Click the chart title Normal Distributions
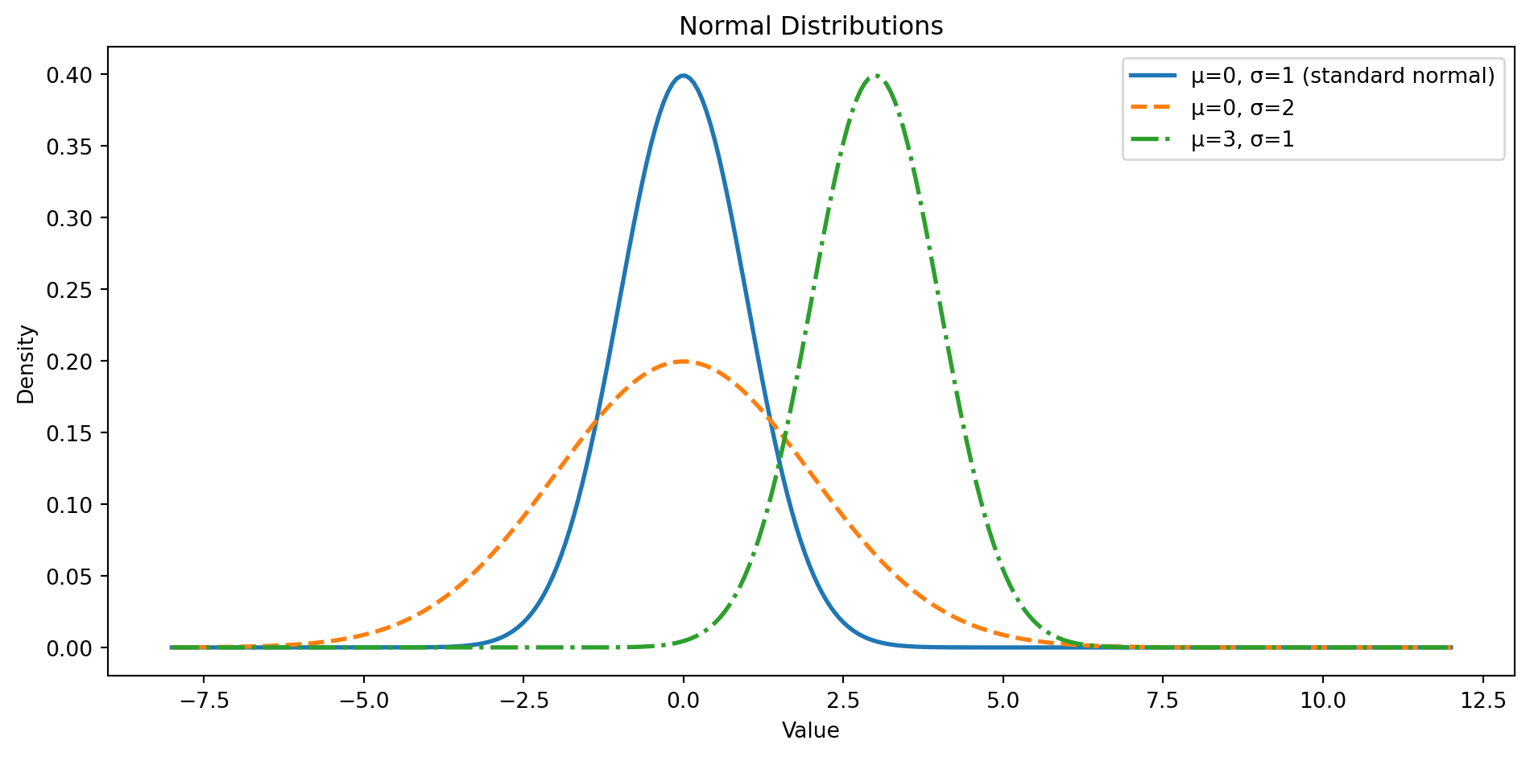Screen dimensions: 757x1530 tap(810, 27)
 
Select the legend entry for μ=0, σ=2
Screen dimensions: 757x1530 tap(1243, 108)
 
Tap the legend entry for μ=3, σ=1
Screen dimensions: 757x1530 tap(1243, 139)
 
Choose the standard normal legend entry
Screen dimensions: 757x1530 tap(1342, 77)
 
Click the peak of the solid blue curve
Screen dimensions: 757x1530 tap(683, 76)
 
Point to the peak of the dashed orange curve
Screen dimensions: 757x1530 tap(683, 361)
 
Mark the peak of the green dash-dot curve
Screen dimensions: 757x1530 tap(875, 76)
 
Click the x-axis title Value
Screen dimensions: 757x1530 tap(810, 730)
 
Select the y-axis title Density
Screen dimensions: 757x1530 tap(27, 364)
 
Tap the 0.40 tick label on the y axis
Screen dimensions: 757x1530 tap(68, 75)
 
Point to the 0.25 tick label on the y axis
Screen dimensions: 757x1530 tap(68, 290)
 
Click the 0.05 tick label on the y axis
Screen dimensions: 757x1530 tap(68, 577)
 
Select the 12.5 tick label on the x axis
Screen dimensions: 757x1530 tap(1482, 701)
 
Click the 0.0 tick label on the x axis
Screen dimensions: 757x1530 tap(683, 701)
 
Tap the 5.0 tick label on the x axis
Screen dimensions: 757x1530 tap(1003, 701)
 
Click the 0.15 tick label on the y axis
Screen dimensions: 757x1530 tap(68, 433)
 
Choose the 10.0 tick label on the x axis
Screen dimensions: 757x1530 tap(1323, 701)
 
